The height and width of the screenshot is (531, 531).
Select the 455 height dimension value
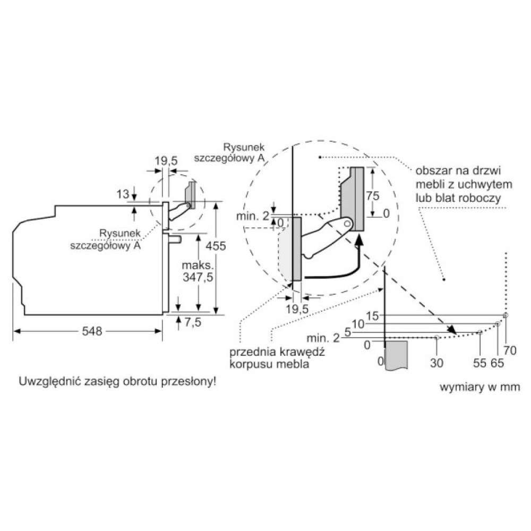217,246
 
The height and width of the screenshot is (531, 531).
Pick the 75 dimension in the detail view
373,195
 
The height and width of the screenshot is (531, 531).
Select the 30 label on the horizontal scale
436,363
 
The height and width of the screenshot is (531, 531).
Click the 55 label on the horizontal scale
479,363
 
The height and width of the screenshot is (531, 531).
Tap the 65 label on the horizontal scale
498,363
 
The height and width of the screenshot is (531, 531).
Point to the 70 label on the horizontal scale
511,350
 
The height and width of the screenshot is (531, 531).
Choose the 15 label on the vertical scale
372,316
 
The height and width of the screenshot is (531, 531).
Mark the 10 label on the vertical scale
358,324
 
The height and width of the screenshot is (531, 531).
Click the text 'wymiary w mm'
479,387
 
